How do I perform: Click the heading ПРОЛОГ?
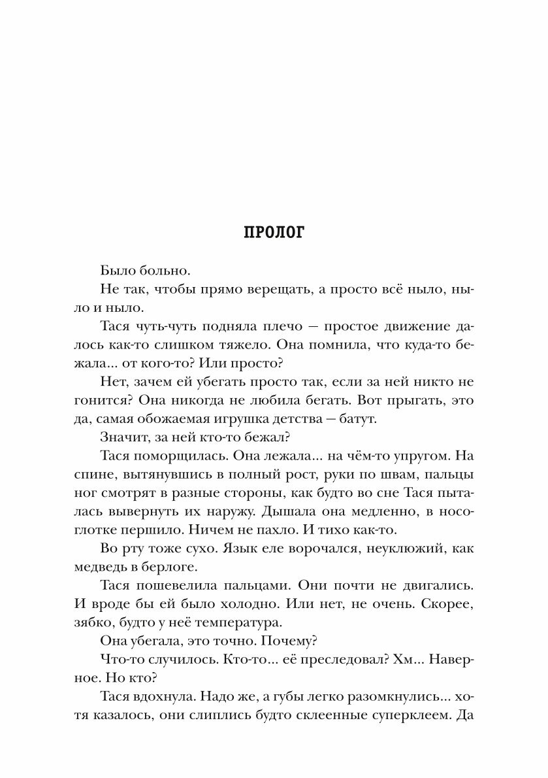[274, 233]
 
